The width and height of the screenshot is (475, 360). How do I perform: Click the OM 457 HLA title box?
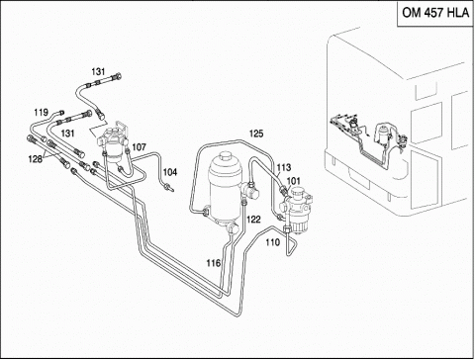click(435, 13)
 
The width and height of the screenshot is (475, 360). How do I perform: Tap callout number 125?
click(256, 134)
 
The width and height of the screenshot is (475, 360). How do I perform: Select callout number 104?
click(170, 172)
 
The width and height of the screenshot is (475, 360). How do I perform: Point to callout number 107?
click(139, 147)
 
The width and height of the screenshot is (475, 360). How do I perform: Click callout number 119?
click(41, 113)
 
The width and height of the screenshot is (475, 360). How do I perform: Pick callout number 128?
click(35, 159)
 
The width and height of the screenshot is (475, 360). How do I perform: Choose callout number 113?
click(284, 167)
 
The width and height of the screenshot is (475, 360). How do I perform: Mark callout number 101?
click(293, 181)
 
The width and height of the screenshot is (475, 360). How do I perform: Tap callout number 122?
click(253, 220)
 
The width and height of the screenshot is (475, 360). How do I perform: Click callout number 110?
click(272, 242)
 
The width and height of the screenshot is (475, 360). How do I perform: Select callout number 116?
click(214, 263)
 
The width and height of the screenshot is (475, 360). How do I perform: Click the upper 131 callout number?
click(98, 71)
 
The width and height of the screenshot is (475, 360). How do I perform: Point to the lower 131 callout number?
click(67, 134)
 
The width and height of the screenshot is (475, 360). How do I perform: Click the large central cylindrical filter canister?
click(226, 191)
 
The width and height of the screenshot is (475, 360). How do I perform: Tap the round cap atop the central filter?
click(226, 156)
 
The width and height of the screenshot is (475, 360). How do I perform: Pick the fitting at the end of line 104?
click(168, 188)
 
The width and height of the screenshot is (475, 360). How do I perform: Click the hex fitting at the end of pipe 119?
click(61, 113)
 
